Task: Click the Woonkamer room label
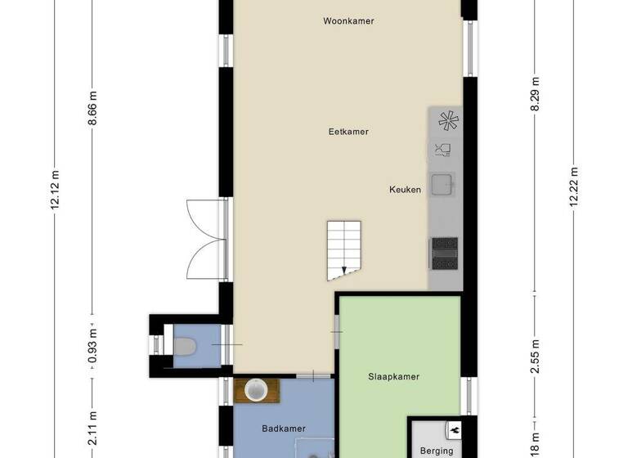[x=348, y=21]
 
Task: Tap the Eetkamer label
[x=348, y=132]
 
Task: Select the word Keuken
[x=405, y=190]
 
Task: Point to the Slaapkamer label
[x=393, y=377]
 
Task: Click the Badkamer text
[x=283, y=429]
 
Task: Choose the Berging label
[x=436, y=451]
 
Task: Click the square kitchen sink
[x=443, y=186]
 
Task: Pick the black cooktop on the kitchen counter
[x=444, y=252]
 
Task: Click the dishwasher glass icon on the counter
[x=443, y=150]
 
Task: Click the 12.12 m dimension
[x=56, y=190]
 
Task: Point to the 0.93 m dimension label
[x=93, y=345]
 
